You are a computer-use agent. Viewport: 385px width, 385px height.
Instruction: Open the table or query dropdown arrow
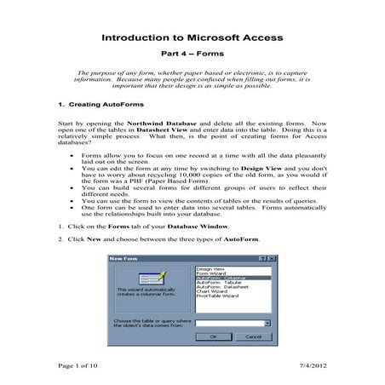click(267, 323)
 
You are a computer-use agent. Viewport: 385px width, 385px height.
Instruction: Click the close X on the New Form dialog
click(270, 258)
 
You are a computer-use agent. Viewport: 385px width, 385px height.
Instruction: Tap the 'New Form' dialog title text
click(124, 258)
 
